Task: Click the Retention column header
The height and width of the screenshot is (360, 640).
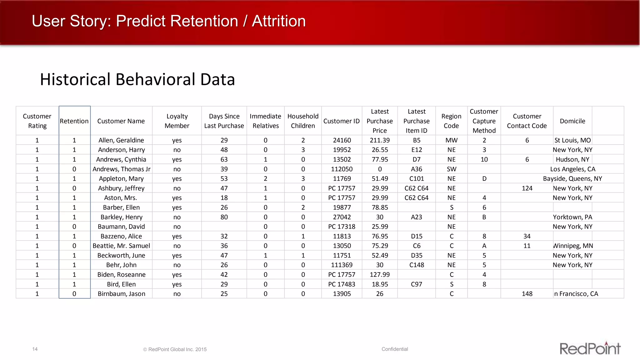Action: [74, 121]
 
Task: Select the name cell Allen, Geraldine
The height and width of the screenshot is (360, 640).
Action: [121, 140]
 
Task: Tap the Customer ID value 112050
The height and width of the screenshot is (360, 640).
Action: [342, 169]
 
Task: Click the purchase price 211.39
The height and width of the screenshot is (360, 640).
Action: [380, 140]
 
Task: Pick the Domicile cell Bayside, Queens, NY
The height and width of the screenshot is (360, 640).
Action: [572, 179]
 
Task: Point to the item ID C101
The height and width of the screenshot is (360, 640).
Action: [417, 179]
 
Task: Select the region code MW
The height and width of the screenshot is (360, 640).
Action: [451, 140]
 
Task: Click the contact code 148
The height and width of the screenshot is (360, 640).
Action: [527, 294]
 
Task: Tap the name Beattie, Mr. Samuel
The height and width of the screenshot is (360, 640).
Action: [121, 246]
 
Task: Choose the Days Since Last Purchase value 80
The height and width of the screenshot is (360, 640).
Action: [224, 217]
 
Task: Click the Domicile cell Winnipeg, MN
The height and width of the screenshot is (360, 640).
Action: [573, 246]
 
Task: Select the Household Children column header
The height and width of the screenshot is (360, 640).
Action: [303, 121]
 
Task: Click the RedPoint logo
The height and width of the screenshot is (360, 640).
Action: [590, 348]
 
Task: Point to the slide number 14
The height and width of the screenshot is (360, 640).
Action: [35, 349]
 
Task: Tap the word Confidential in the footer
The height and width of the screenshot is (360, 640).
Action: [395, 349]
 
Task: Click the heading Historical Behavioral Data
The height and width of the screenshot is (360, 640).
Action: [137, 79]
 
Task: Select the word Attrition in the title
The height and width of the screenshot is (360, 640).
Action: [278, 21]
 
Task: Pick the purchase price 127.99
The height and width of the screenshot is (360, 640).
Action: [380, 275]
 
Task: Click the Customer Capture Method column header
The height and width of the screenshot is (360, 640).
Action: [484, 121]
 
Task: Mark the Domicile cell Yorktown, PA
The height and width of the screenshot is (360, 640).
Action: [572, 217]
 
